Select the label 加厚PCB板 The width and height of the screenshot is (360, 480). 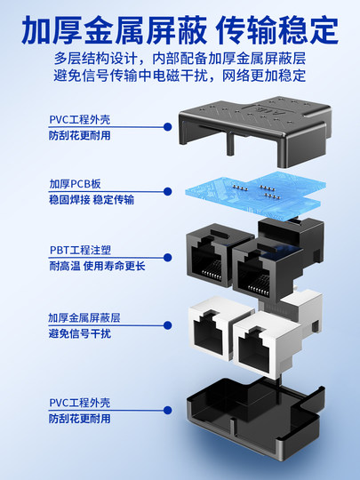(75, 184)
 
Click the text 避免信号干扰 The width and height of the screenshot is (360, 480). (80, 334)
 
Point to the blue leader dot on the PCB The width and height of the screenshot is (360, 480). (169, 191)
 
